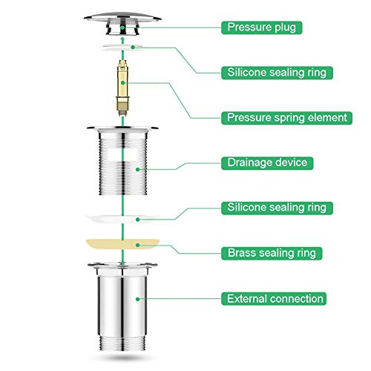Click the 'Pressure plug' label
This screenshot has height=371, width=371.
pyautogui.click(x=261, y=27)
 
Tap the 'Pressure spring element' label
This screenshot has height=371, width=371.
pyautogui.click(x=286, y=118)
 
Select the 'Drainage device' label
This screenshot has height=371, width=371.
pyautogui.click(x=267, y=163)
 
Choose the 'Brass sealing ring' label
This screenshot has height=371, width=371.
pyautogui.click(x=272, y=253)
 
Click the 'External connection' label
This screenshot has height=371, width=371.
pyautogui.click(x=274, y=299)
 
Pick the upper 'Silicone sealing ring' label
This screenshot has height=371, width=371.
pyautogui.click(x=277, y=73)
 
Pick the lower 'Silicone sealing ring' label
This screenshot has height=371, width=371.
pyautogui.click(x=277, y=208)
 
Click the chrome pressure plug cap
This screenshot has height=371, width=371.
pyautogui.click(x=122, y=24)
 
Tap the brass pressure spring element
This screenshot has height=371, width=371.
pyautogui.click(x=122, y=88)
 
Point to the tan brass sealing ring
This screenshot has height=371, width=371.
pyautogui.click(x=122, y=243)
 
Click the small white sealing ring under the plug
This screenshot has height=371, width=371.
pyautogui.click(x=122, y=47)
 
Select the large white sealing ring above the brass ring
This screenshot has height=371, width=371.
pyautogui.click(x=122, y=219)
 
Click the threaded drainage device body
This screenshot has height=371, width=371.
pyautogui.click(x=122, y=161)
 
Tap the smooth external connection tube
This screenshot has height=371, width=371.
pyautogui.click(x=122, y=306)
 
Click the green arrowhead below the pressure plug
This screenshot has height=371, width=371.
pyautogui.click(x=122, y=40)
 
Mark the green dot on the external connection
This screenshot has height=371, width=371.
pyautogui.click(x=138, y=299)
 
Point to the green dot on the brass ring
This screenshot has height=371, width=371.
pyautogui.click(x=138, y=245)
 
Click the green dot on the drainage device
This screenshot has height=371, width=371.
pyautogui.click(x=138, y=169)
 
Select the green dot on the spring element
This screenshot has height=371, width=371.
pyautogui.click(x=122, y=82)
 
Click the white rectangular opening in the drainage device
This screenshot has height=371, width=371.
pyautogui.click(x=123, y=154)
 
